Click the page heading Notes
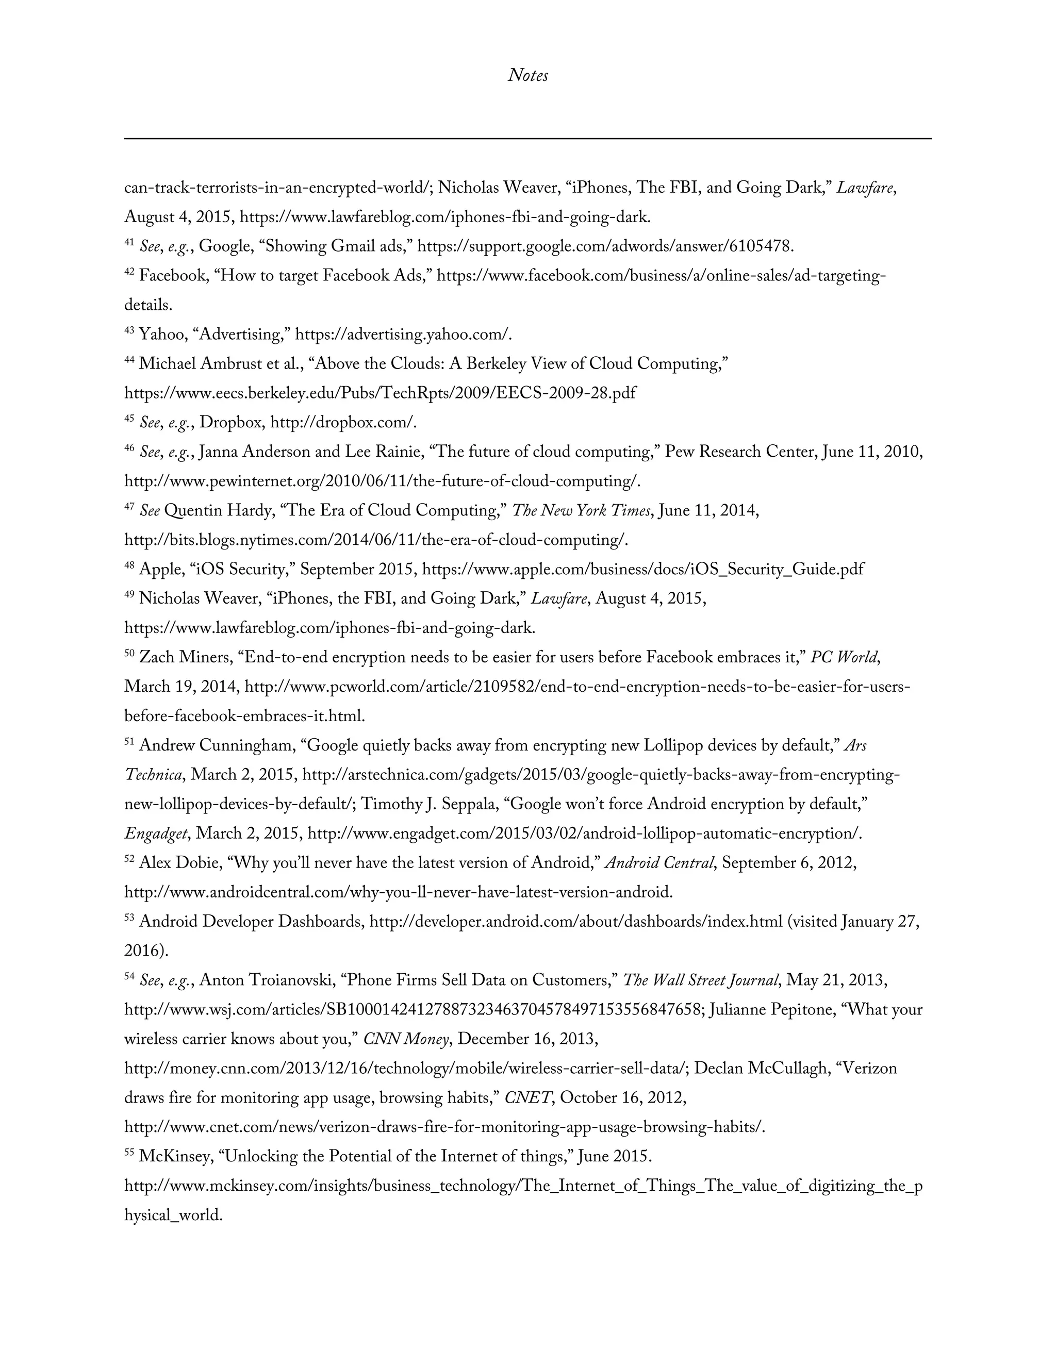tap(527, 76)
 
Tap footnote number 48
tap(129, 566)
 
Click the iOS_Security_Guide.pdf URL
tap(642, 570)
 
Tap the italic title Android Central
tap(659, 863)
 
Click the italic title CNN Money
tap(406, 1039)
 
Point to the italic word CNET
tap(527, 1097)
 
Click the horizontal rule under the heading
tap(527, 138)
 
